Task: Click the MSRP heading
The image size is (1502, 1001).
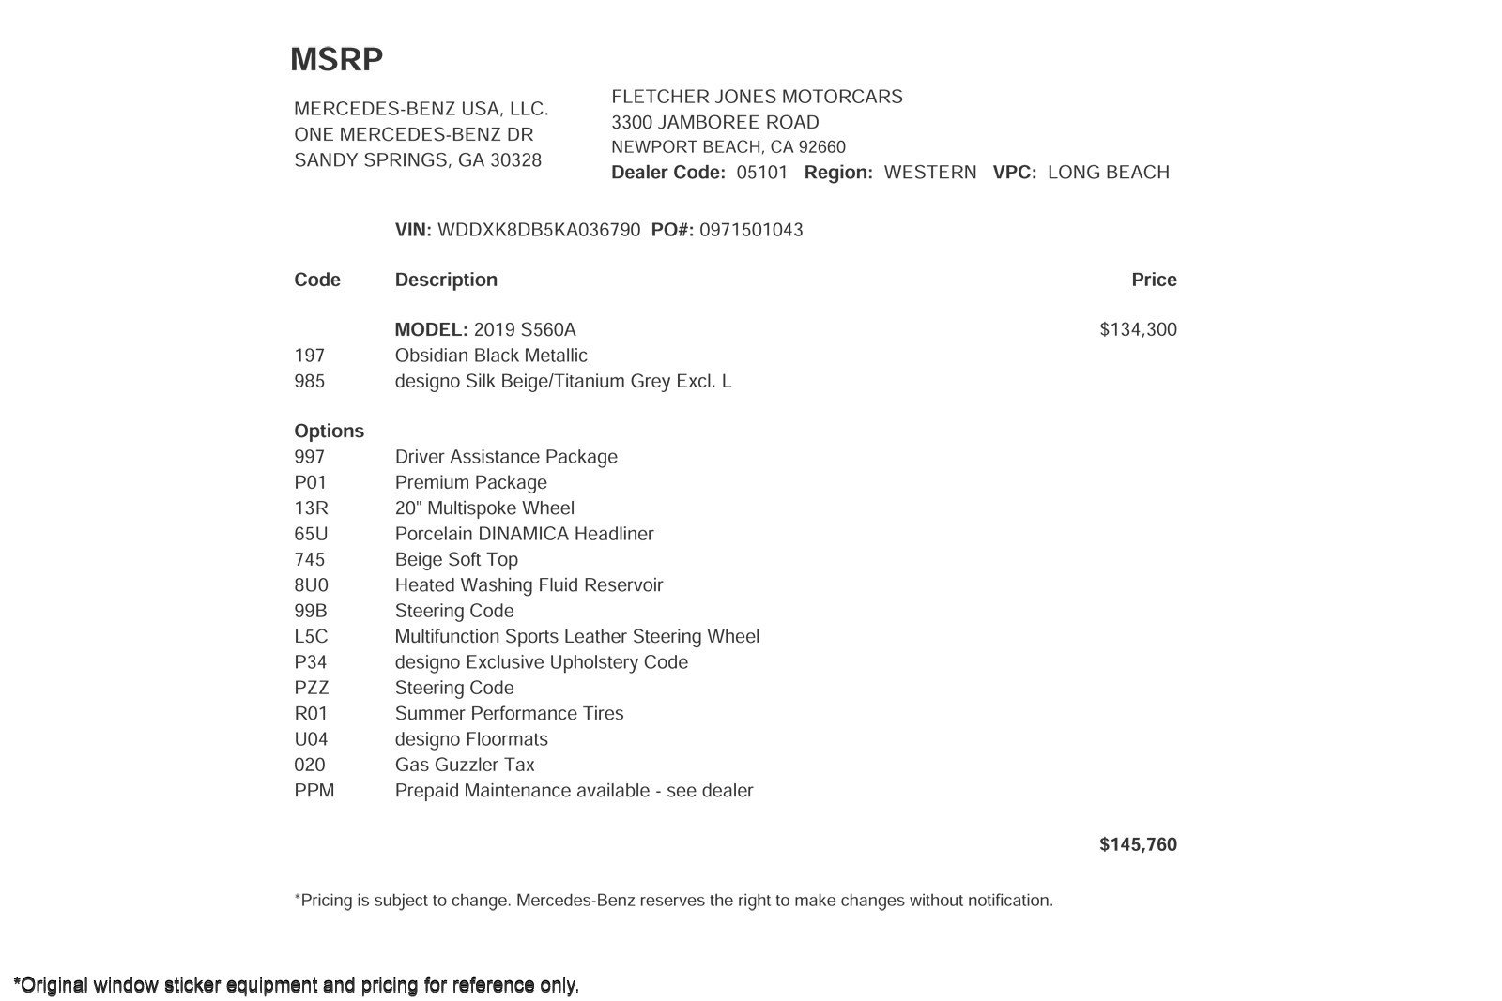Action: pyautogui.click(x=336, y=59)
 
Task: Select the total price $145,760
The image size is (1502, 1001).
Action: pyautogui.click(x=1138, y=844)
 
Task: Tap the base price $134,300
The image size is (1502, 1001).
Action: pyautogui.click(x=1138, y=329)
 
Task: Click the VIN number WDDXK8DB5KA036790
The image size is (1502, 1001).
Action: pyautogui.click(x=539, y=230)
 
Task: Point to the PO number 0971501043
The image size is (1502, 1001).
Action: pyautogui.click(x=751, y=230)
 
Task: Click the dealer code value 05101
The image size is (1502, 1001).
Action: pyautogui.click(x=761, y=173)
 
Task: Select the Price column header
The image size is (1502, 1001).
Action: pyautogui.click(x=1154, y=280)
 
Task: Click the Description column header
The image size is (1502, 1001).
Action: pyautogui.click(x=446, y=280)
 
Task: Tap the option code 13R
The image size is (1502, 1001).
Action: pyautogui.click(x=311, y=508)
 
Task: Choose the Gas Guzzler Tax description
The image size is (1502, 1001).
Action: pyautogui.click(x=465, y=765)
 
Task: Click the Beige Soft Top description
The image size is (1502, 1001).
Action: pyautogui.click(x=456, y=559)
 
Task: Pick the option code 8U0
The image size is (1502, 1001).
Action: pyautogui.click(x=311, y=585)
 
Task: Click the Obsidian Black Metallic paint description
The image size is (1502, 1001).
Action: pyautogui.click(x=491, y=356)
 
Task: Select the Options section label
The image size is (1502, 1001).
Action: pyautogui.click(x=329, y=432)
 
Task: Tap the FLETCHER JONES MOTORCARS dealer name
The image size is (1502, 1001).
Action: pyautogui.click(x=757, y=97)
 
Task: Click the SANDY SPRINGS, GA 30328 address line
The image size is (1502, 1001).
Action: pyautogui.click(x=418, y=160)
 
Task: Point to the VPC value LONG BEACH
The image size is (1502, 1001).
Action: pyautogui.click(x=1108, y=173)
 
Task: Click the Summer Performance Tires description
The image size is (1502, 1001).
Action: pyautogui.click(x=509, y=714)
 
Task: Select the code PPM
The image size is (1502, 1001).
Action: pyautogui.click(x=314, y=791)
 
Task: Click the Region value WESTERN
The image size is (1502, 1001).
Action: pyautogui.click(x=929, y=173)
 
